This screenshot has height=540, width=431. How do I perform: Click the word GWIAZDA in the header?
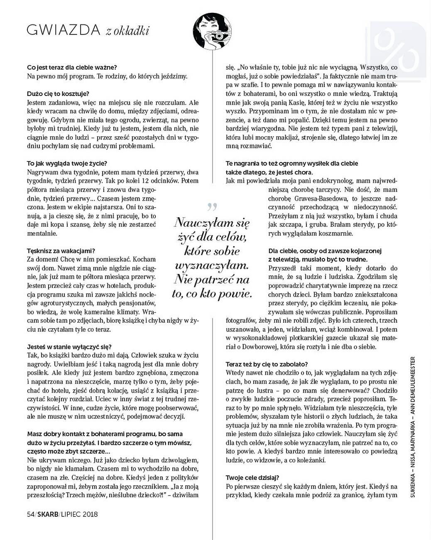click(64, 30)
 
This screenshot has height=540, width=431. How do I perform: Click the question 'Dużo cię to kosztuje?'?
click(58, 93)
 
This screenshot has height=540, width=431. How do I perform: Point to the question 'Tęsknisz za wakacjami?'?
click(61, 251)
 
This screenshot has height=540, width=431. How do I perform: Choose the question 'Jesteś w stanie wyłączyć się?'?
click(69, 346)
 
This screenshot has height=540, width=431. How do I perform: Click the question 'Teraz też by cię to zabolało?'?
click(267, 364)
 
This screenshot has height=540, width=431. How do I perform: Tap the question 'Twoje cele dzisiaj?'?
click(252, 478)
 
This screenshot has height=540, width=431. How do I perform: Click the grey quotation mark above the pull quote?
click(212, 206)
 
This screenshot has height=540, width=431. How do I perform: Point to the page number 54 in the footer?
click(30, 514)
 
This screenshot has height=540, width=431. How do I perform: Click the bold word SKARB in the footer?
click(47, 514)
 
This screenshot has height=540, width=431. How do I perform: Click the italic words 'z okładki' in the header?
click(127, 31)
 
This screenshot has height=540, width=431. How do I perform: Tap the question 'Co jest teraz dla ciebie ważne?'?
click(72, 67)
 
